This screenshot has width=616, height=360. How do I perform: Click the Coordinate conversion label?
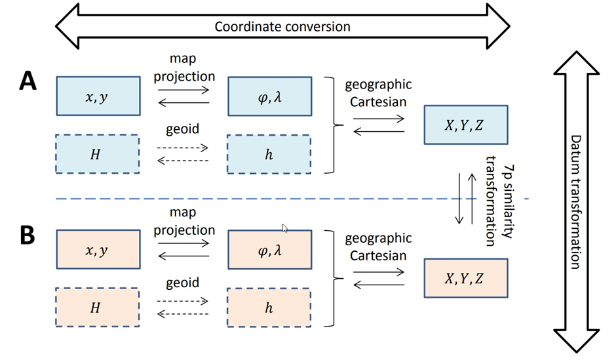[x=282, y=27]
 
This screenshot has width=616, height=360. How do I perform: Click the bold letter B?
[x=27, y=234]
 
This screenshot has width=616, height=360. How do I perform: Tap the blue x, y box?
[x=98, y=96]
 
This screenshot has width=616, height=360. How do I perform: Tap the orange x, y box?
[x=98, y=249]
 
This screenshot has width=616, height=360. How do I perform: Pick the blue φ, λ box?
[x=268, y=96]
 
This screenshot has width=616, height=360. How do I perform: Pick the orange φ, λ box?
[x=268, y=249]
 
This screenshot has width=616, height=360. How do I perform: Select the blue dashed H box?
[x=98, y=153]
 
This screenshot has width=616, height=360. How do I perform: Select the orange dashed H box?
[x=98, y=307]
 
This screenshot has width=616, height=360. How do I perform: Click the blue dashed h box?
[x=268, y=153]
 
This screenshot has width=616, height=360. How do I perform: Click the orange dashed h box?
[x=268, y=307]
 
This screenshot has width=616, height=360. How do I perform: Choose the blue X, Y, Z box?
[x=465, y=125]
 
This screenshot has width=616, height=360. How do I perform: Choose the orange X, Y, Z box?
[x=465, y=278]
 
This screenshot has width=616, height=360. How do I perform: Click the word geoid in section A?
[x=183, y=130]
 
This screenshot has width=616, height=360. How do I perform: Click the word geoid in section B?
[x=183, y=283]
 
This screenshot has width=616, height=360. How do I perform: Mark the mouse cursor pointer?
[x=285, y=228]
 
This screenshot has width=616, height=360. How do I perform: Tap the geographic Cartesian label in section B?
[x=378, y=247]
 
